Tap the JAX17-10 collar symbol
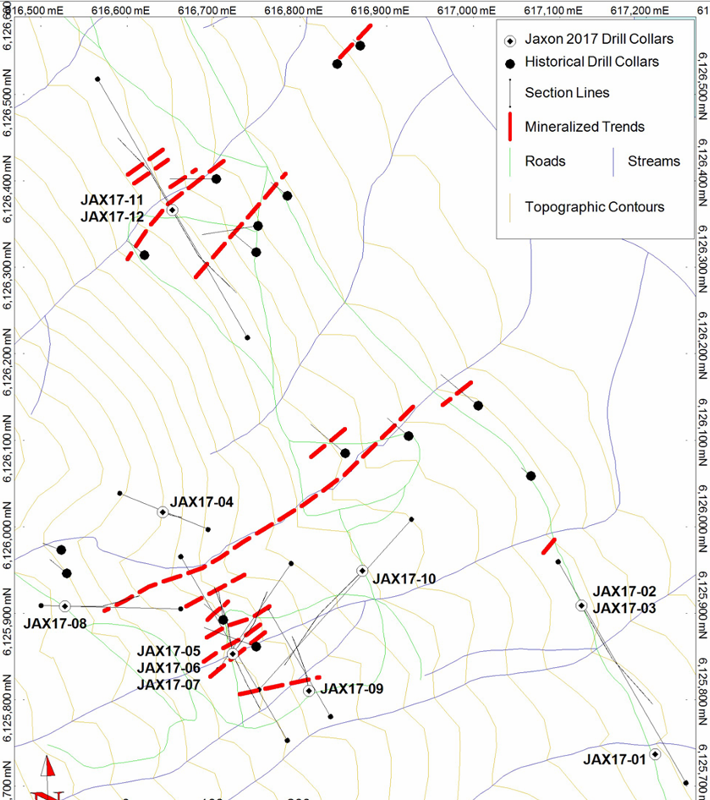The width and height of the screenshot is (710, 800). point(361,571)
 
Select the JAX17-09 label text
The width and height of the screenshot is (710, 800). point(353,688)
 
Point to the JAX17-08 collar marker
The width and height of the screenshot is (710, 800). point(64,605)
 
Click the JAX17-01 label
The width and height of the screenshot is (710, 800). point(614,759)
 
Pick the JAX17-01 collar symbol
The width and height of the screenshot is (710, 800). point(655,753)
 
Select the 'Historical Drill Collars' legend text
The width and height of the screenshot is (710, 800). point(592,62)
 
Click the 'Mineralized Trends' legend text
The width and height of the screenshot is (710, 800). point(585,127)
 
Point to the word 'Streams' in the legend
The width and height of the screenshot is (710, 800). point(653,161)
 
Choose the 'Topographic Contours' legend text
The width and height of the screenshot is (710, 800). point(595,206)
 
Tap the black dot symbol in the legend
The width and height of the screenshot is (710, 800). point(509,63)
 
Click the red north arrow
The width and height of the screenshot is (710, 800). point(48,770)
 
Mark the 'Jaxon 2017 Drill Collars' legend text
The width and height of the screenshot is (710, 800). point(599,39)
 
